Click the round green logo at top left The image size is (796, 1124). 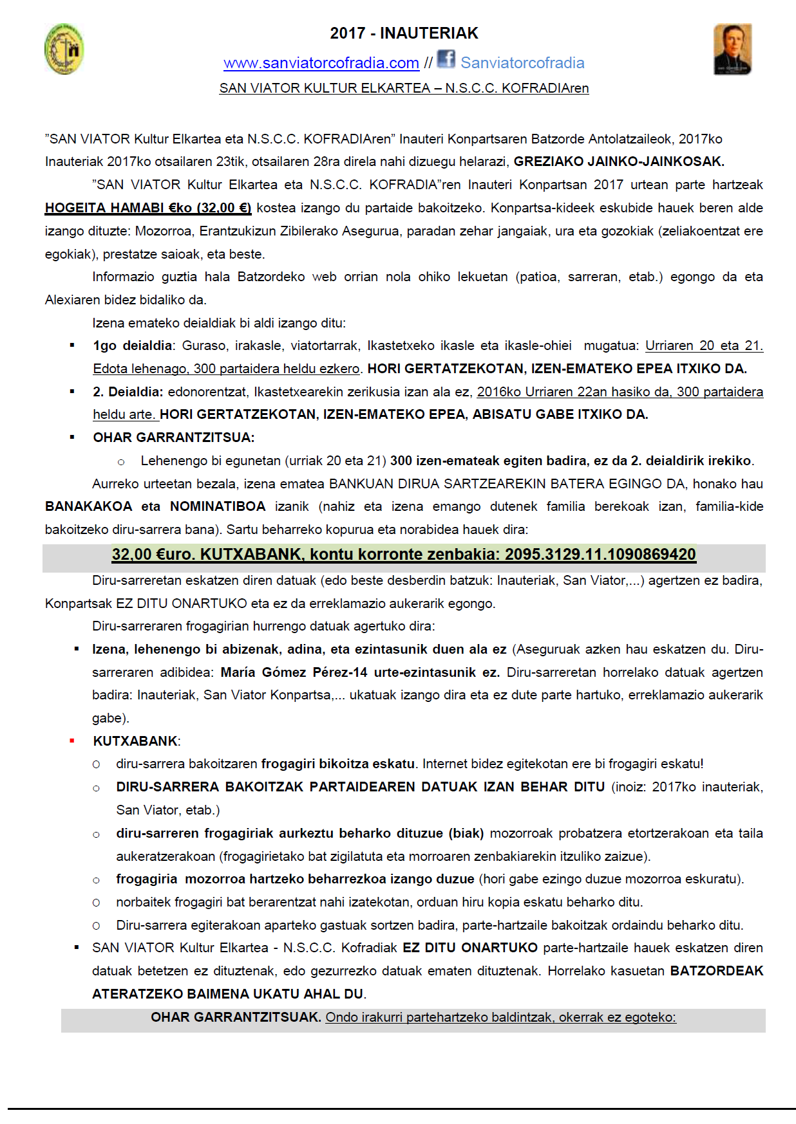64,49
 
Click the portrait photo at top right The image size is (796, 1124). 732,50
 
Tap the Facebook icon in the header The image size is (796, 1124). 446,59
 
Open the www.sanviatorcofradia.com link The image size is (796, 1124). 321,63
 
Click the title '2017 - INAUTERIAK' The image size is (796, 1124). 404,33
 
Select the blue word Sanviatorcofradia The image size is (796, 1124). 522,63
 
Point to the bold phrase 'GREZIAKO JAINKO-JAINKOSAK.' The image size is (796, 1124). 618,161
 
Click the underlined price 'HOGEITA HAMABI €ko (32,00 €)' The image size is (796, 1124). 147,208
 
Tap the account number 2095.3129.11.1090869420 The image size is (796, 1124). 600,555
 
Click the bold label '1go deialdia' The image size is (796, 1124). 132,345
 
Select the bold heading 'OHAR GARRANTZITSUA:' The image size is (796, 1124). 173,438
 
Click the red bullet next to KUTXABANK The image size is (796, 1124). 72,741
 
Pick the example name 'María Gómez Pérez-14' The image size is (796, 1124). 294,672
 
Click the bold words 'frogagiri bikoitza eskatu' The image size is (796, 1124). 337,764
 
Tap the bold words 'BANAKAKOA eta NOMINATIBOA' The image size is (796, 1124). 155,506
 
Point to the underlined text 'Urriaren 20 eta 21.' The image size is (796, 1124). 703,345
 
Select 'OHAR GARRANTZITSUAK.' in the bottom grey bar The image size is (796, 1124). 235,1017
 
